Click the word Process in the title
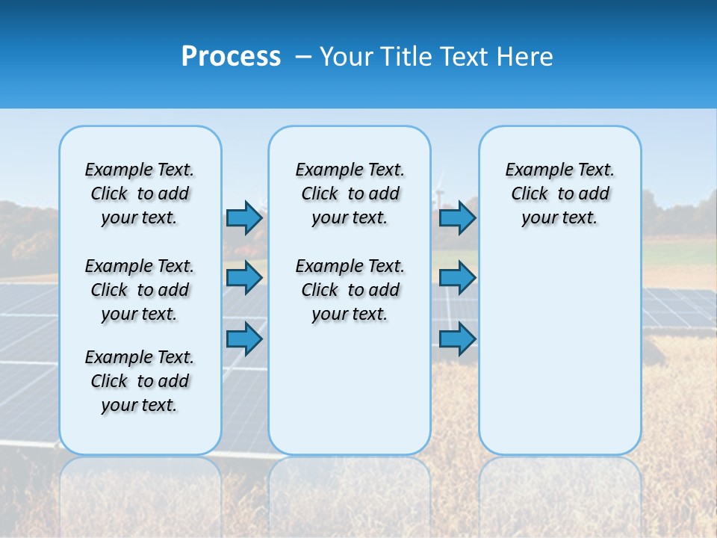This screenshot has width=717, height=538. tap(231, 57)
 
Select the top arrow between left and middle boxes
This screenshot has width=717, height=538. tap(244, 217)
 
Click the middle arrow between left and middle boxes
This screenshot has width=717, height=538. tap(244, 278)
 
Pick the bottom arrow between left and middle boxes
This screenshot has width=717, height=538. tap(244, 338)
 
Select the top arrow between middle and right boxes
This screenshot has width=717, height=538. tap(457, 217)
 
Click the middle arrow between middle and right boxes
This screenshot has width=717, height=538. tap(457, 278)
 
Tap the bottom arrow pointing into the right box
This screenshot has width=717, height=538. tap(457, 338)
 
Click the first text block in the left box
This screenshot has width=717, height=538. tap(140, 194)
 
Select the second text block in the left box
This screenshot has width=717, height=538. tap(140, 290)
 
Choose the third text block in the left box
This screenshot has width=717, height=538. tap(140, 381)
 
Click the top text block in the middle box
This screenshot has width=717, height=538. tap(350, 194)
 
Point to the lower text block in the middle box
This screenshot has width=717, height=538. tap(350, 290)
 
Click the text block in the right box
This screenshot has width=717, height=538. tap(559, 194)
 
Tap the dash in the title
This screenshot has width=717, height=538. tap(303, 57)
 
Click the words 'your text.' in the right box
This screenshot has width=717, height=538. tap(559, 218)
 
